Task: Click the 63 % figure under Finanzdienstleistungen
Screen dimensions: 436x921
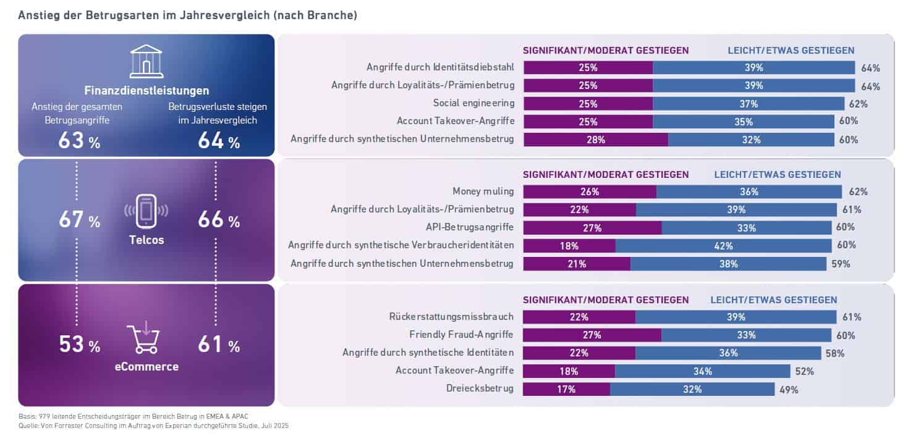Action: (x=79, y=142)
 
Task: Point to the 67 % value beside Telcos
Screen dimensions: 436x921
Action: (x=79, y=220)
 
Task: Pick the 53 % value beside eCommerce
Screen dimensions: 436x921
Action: (x=79, y=345)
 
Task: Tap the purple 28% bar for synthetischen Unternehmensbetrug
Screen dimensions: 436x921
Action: (x=596, y=140)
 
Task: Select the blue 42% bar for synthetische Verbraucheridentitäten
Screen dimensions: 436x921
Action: (x=723, y=246)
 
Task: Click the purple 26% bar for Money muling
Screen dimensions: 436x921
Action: (x=590, y=192)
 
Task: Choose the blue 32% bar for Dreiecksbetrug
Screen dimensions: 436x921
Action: (x=692, y=390)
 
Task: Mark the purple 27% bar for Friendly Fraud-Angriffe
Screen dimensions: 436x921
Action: (x=592, y=335)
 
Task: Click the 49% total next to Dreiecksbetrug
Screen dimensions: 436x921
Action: (x=789, y=390)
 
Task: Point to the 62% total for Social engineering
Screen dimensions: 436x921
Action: (x=860, y=104)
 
